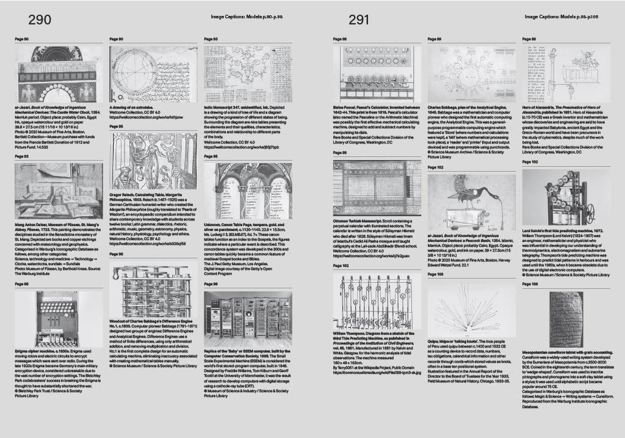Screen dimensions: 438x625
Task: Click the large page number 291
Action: point(361,20)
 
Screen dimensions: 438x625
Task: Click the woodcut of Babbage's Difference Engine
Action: point(153,290)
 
